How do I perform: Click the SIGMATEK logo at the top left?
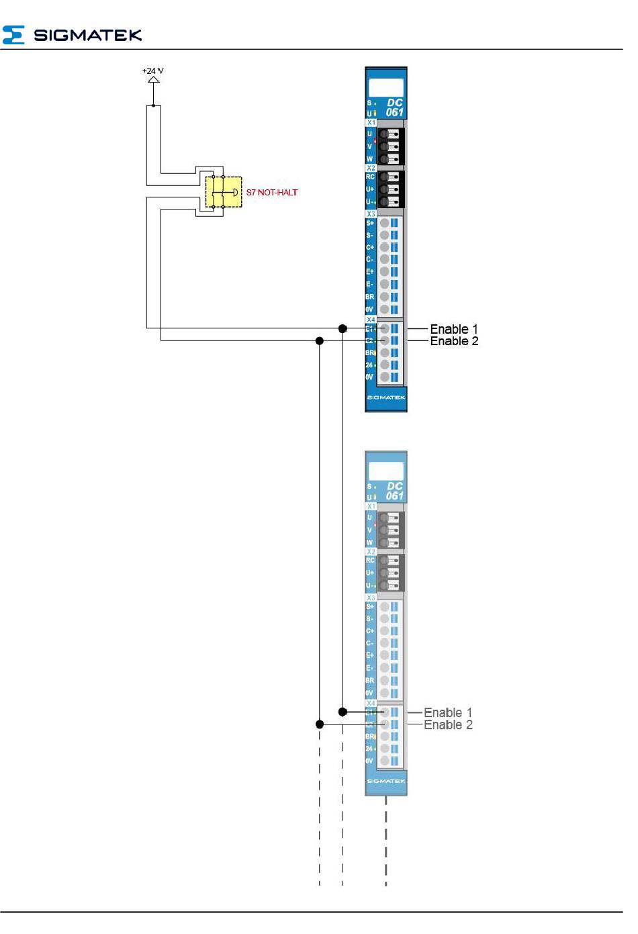[73, 35]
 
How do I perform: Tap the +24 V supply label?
[152, 71]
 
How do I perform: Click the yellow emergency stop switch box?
[224, 192]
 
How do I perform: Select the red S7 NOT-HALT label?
[271, 193]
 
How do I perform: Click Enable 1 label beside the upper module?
[454, 329]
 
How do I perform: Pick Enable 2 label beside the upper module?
[454, 341]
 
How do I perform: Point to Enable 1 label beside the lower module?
[448, 712]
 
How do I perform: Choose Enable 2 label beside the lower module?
[448, 725]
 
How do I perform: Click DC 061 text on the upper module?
[394, 107]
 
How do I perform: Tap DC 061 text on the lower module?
[394, 491]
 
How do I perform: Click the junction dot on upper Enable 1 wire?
[343, 328]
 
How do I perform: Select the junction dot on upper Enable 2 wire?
[320, 341]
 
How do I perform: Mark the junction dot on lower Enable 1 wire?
[343, 712]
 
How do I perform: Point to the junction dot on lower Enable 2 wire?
[320, 725]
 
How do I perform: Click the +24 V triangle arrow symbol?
[154, 79]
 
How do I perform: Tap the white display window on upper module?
[386, 87]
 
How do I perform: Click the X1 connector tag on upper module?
[371, 123]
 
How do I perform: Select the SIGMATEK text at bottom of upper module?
[386, 398]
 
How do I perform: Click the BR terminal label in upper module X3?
[369, 297]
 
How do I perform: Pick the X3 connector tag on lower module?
[371, 598]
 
